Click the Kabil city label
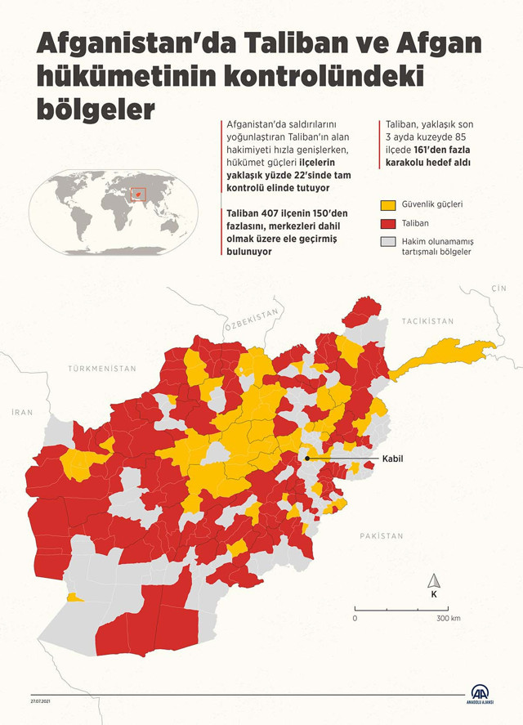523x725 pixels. click(393, 459)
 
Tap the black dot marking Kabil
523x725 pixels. click(307, 459)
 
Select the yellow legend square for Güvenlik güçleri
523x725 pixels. click(387, 204)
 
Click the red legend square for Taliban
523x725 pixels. click(387, 222)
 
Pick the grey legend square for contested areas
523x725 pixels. click(387, 242)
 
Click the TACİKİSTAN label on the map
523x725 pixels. click(427, 321)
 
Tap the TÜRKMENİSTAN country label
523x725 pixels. click(102, 369)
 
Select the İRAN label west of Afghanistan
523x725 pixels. click(22, 412)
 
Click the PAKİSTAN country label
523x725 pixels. click(381, 536)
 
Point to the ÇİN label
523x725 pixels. click(498, 289)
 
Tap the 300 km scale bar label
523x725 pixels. click(448, 619)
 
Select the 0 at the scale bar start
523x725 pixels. click(355, 619)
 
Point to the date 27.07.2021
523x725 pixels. click(42, 700)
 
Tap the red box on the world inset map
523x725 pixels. click(138, 195)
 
